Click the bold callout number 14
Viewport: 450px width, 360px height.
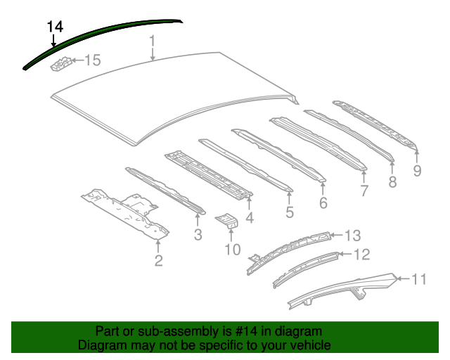(56, 27)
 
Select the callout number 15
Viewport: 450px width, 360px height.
(93, 60)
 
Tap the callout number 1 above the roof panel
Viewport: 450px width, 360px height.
(152, 46)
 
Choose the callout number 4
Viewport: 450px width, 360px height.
(250, 218)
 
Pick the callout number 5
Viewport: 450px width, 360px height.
(290, 212)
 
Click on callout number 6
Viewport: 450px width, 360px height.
(323, 202)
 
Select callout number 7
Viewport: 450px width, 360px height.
(364, 190)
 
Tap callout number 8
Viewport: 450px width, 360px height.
(392, 182)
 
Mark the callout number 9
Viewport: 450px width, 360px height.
(417, 170)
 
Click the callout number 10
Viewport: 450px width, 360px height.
(232, 249)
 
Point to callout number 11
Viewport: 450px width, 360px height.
(418, 280)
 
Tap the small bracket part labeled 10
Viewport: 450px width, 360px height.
(228, 221)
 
